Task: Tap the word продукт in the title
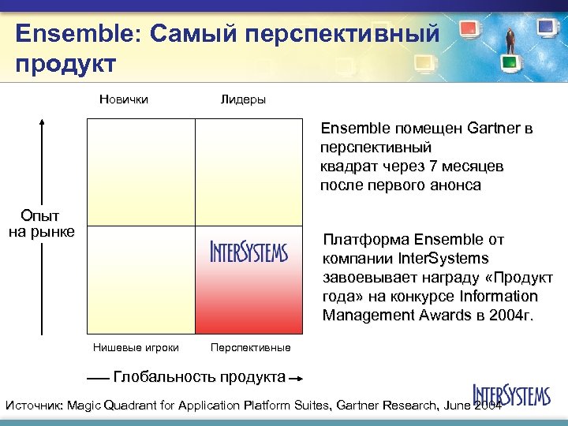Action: (65, 63)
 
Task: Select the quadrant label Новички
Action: (124, 99)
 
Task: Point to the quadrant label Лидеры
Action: (243, 99)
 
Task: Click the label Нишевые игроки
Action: (136, 347)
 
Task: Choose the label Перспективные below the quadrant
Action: (250, 347)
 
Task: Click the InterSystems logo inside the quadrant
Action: (249, 252)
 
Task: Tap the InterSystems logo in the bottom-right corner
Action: (511, 394)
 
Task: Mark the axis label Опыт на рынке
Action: (42, 223)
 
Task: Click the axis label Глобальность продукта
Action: (200, 376)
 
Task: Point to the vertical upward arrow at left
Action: (42, 158)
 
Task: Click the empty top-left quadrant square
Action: (140, 172)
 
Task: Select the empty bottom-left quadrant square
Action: (140, 279)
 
